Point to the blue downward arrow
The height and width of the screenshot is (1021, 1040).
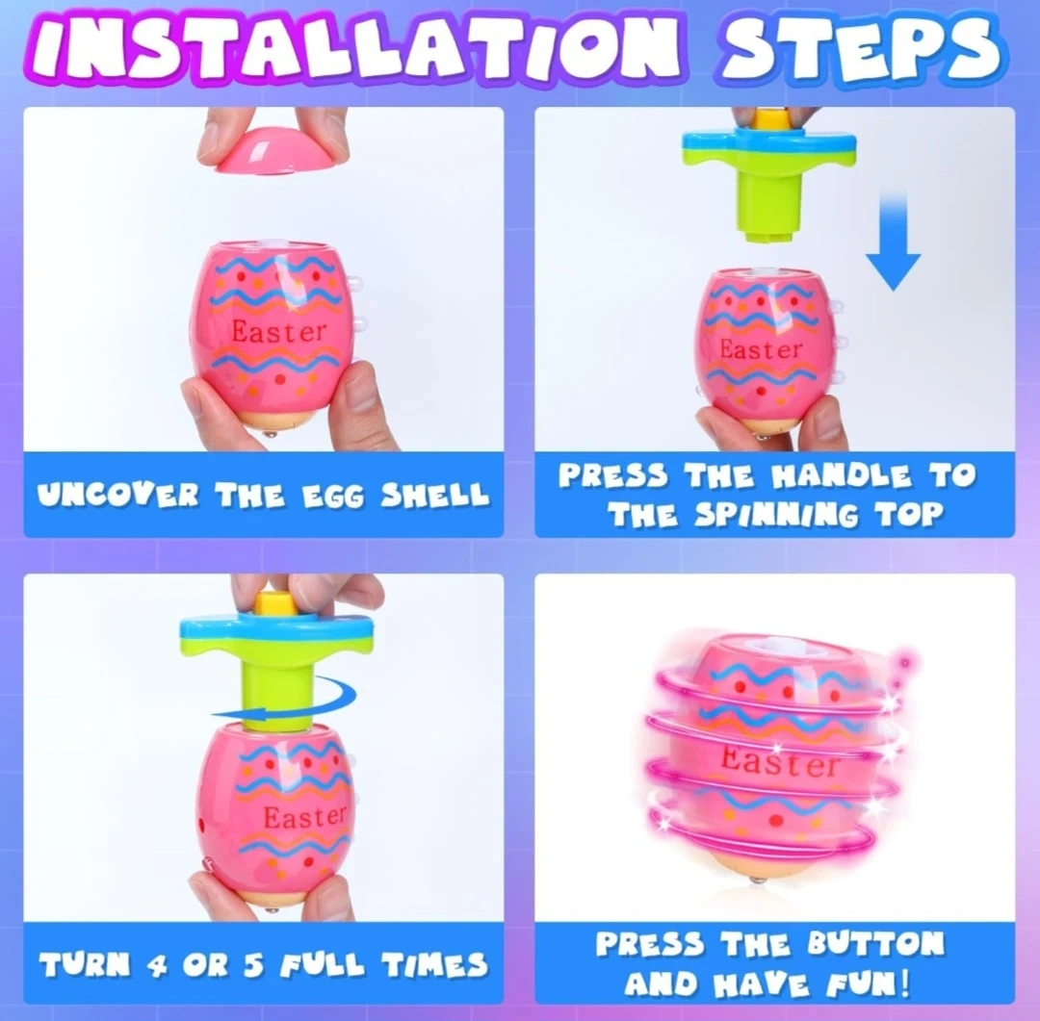tap(894, 241)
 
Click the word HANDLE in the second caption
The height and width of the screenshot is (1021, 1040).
tap(843, 475)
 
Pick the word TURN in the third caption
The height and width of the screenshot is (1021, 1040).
tap(84, 964)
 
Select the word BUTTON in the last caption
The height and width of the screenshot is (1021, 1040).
tap(875, 944)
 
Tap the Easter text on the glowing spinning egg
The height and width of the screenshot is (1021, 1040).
tap(780, 761)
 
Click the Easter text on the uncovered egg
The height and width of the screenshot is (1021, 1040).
tap(278, 331)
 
